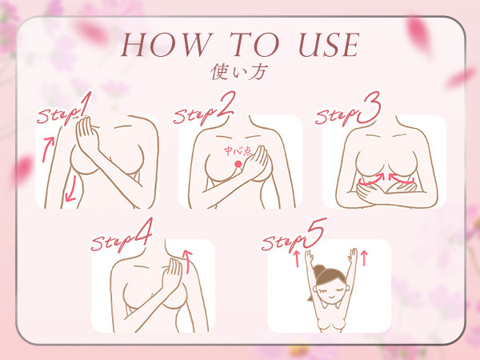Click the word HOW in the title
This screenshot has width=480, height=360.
point(167,45)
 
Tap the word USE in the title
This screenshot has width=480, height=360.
point(329,45)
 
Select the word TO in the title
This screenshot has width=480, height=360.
point(254,45)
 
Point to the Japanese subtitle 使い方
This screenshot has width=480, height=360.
point(239,72)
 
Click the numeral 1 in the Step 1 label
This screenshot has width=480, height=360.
point(85,104)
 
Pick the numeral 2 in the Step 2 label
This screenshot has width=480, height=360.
point(226,105)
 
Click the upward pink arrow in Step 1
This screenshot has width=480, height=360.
point(48,149)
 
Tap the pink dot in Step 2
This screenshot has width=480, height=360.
point(238,164)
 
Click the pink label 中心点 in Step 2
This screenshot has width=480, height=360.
point(238,151)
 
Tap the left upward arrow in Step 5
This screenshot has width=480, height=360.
point(296,259)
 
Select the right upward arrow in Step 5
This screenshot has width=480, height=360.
point(364,258)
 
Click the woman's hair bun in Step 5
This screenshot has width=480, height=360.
point(318,271)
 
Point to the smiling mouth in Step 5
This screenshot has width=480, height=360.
point(330,298)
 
